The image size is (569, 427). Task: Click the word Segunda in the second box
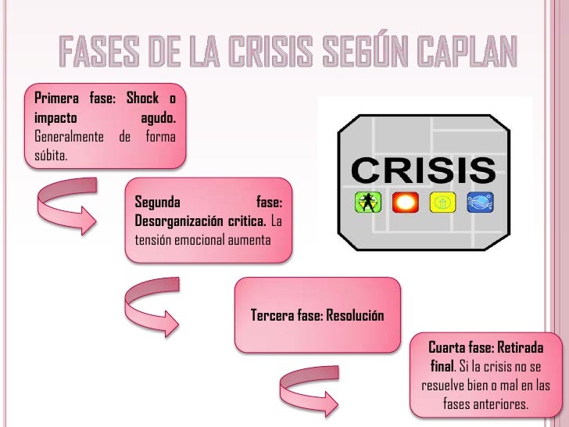(x=158, y=202)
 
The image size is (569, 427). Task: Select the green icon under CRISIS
(x=364, y=203)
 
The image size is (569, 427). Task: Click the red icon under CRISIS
(x=405, y=203)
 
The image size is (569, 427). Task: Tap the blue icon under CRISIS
(x=479, y=203)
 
